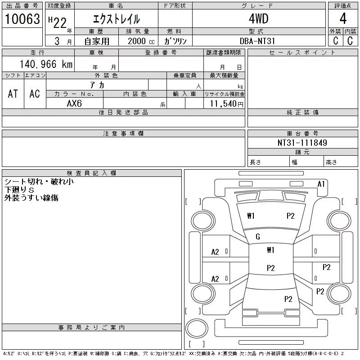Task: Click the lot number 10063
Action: [22, 19]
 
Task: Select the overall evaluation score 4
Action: [343, 18]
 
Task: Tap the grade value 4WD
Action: [258, 18]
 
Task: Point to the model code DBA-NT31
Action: [257, 41]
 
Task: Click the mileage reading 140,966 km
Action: [46, 64]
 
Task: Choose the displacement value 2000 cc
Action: [141, 41]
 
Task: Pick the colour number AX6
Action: [74, 103]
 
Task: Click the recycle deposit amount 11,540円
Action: [226, 104]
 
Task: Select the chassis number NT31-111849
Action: [302, 143]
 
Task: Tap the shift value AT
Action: [13, 94]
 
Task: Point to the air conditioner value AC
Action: [35, 94]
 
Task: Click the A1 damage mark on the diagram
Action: [321, 184]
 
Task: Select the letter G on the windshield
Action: [258, 237]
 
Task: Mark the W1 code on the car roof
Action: [271, 250]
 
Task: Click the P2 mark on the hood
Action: [290, 216]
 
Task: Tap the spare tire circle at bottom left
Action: [197, 328]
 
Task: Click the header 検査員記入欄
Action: [91, 173]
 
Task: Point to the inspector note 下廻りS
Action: [19, 190]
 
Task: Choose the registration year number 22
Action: [60, 23]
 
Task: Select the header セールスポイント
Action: [302, 53]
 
